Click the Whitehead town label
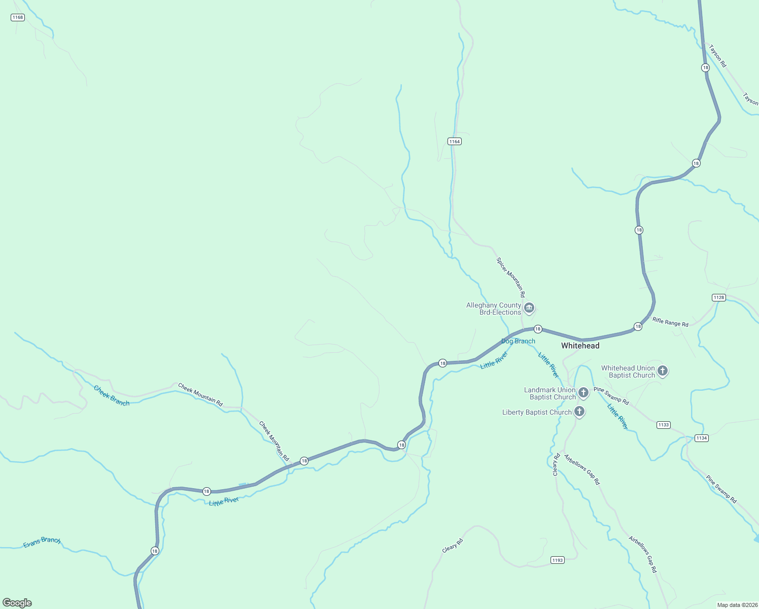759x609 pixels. click(x=580, y=346)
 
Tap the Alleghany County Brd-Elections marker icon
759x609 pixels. click(x=529, y=308)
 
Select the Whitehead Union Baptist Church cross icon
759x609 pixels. click(x=662, y=371)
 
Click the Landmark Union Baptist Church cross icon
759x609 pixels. click(x=583, y=392)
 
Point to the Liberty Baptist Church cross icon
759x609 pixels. click(x=579, y=412)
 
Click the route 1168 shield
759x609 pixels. click(x=18, y=17)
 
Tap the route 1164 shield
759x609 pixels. click(x=454, y=142)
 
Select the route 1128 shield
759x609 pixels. click(x=718, y=297)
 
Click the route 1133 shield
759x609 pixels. click(x=663, y=425)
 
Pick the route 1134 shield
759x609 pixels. click(x=701, y=438)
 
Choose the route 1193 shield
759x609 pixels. click(x=557, y=560)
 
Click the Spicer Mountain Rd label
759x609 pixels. click(x=510, y=277)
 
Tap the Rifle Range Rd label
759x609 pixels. click(x=670, y=322)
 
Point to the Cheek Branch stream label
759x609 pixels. click(x=112, y=396)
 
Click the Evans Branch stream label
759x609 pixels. click(x=42, y=543)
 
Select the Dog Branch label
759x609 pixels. click(x=518, y=341)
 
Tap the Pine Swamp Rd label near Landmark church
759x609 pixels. click(x=611, y=396)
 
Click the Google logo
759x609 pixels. click(x=17, y=603)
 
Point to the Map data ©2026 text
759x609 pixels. click(x=736, y=605)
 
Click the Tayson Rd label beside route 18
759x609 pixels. click(x=717, y=56)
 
